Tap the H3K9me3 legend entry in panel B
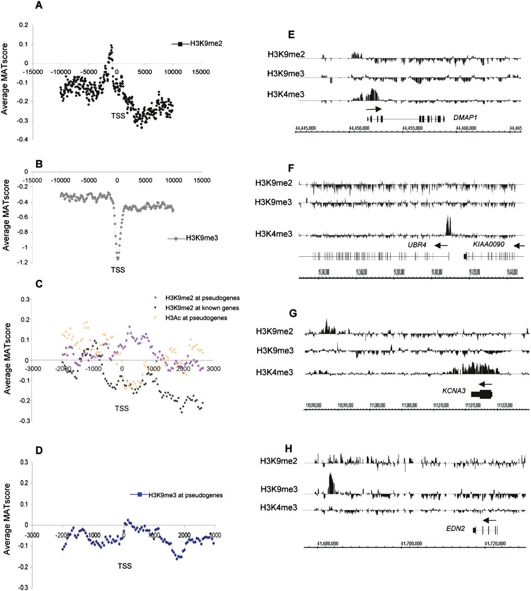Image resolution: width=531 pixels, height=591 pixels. pyautogui.click(x=202, y=238)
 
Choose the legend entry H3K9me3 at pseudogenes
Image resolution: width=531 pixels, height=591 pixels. pyautogui.click(x=185, y=495)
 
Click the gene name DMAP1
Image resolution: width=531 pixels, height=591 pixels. pyautogui.click(x=465, y=118)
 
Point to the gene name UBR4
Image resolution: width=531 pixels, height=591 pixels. pyautogui.click(x=416, y=245)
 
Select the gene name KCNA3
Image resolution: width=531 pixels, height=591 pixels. pyautogui.click(x=453, y=391)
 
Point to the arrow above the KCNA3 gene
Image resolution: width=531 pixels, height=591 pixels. pyautogui.click(x=485, y=383)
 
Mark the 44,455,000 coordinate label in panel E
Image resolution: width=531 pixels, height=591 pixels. pyautogui.click(x=413, y=127)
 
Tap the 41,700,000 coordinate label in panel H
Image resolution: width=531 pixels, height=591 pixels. pyautogui.click(x=410, y=543)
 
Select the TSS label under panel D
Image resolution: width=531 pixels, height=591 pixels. pyautogui.click(x=124, y=566)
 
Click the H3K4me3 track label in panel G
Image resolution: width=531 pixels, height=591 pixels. pyautogui.click(x=275, y=373)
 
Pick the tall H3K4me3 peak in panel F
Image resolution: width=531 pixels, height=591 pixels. pyautogui.click(x=447, y=225)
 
